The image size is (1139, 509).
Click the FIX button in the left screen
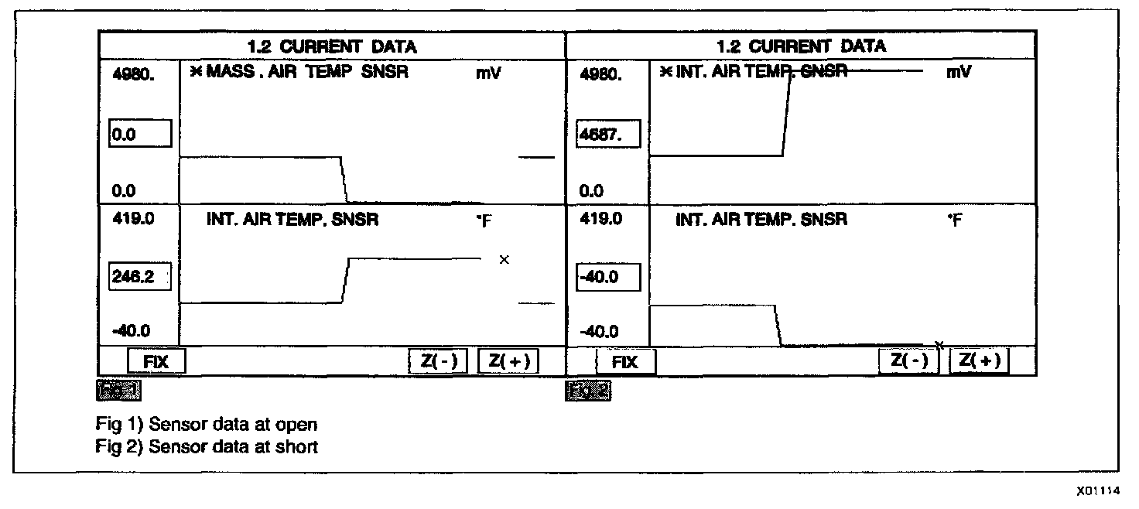click(156, 361)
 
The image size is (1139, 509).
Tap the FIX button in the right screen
click(625, 361)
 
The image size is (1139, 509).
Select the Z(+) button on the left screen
click(508, 361)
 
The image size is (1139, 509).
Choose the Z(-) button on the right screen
click(908, 360)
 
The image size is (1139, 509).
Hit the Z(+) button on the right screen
click(980, 360)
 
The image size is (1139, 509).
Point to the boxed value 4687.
click(609, 134)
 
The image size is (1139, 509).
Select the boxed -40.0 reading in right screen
click(609, 277)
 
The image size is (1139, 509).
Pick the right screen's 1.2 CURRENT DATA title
click(801, 46)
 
